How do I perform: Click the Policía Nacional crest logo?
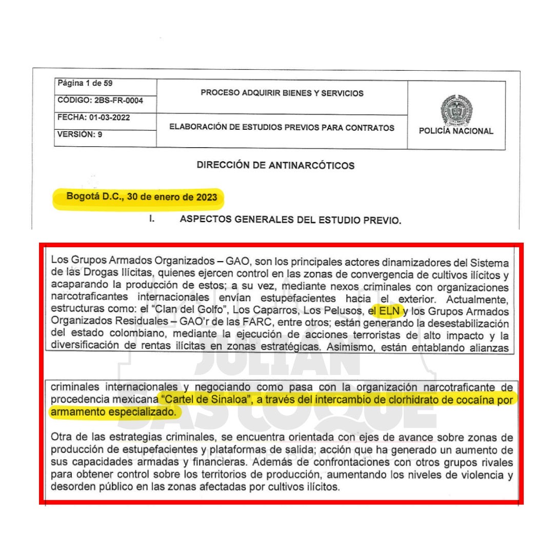pyautogui.click(x=456, y=109)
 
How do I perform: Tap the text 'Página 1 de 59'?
pyautogui.click(x=83, y=84)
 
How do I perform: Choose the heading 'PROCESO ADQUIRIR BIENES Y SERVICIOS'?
pyautogui.click(x=282, y=93)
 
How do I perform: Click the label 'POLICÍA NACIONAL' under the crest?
pyautogui.click(x=456, y=131)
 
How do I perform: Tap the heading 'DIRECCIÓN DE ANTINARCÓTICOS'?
pyautogui.click(x=275, y=165)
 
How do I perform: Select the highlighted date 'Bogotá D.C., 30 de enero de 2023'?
pyautogui.click(x=142, y=197)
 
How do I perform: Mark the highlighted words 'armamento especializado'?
pyautogui.click(x=113, y=411)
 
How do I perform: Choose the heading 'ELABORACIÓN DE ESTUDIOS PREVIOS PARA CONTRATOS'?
pyautogui.click(x=282, y=128)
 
